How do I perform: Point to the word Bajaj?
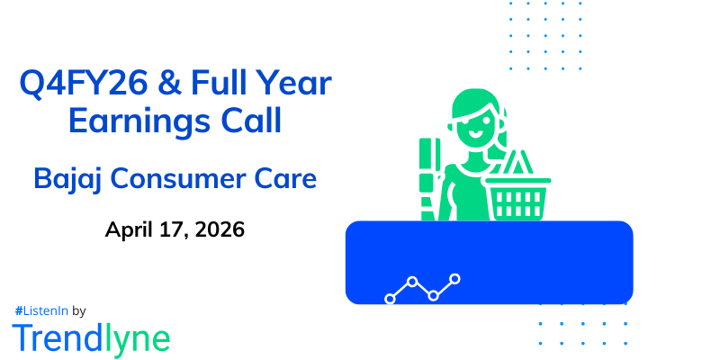pos(67,179)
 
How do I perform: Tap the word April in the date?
pos(131,229)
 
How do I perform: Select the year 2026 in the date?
pos(217,229)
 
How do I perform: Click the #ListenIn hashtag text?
pos(40,310)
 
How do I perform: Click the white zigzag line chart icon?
pos(422,288)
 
